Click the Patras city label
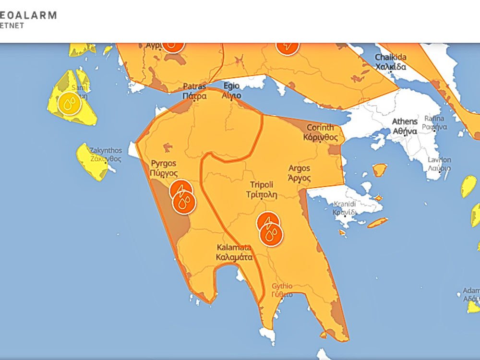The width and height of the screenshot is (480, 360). point(194,91)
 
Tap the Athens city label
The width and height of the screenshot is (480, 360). point(405,126)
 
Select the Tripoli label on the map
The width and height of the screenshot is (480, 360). point(262,190)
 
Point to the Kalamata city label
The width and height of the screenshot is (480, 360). point(234,252)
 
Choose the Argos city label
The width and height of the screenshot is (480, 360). point(299,173)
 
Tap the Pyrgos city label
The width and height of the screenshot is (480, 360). point(164,168)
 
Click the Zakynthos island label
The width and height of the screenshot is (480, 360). point(106,154)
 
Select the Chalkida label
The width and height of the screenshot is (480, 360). point(390,62)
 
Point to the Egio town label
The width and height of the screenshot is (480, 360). point(230,91)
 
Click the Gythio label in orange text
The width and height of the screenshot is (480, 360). point(282,290)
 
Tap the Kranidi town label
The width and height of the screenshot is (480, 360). point(345,207)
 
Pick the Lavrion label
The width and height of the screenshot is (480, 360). point(439,164)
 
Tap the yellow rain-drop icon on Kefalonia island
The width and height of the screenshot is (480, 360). point(69,103)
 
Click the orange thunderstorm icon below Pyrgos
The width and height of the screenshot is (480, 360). point(181,190)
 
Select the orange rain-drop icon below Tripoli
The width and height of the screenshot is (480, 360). point(272,235)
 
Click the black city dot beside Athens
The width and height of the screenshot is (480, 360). point(406,135)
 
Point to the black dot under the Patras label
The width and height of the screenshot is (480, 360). point(194,101)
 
